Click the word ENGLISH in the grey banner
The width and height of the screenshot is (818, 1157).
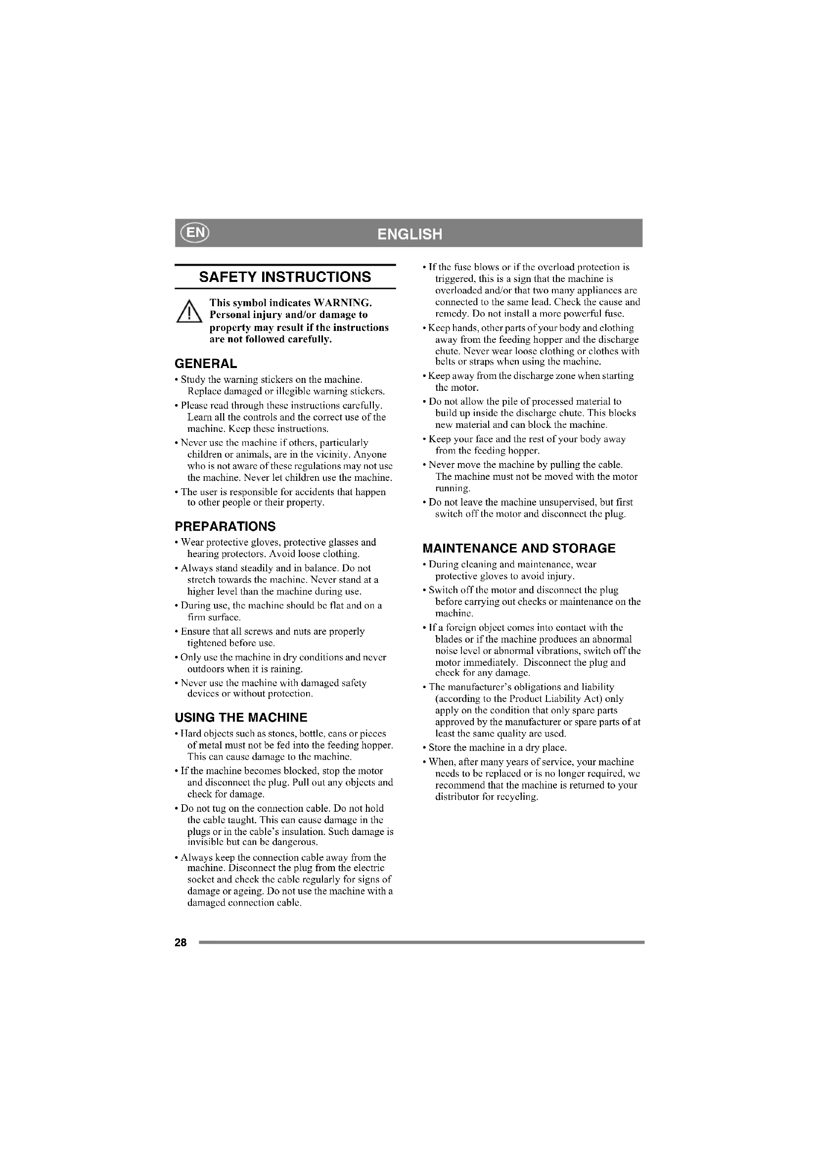coord(409,234)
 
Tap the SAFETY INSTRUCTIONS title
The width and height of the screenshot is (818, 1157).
coord(285,277)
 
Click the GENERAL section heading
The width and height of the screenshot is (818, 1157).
coord(206,364)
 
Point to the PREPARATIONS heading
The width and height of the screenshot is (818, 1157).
coord(225,526)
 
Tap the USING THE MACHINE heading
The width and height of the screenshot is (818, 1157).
coord(241,717)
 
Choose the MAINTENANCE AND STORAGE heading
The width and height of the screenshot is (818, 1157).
coord(519,548)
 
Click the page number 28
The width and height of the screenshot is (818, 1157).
coord(181,942)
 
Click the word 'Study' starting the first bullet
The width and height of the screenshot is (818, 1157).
coord(191,379)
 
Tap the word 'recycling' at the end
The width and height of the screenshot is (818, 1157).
coord(519,797)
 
